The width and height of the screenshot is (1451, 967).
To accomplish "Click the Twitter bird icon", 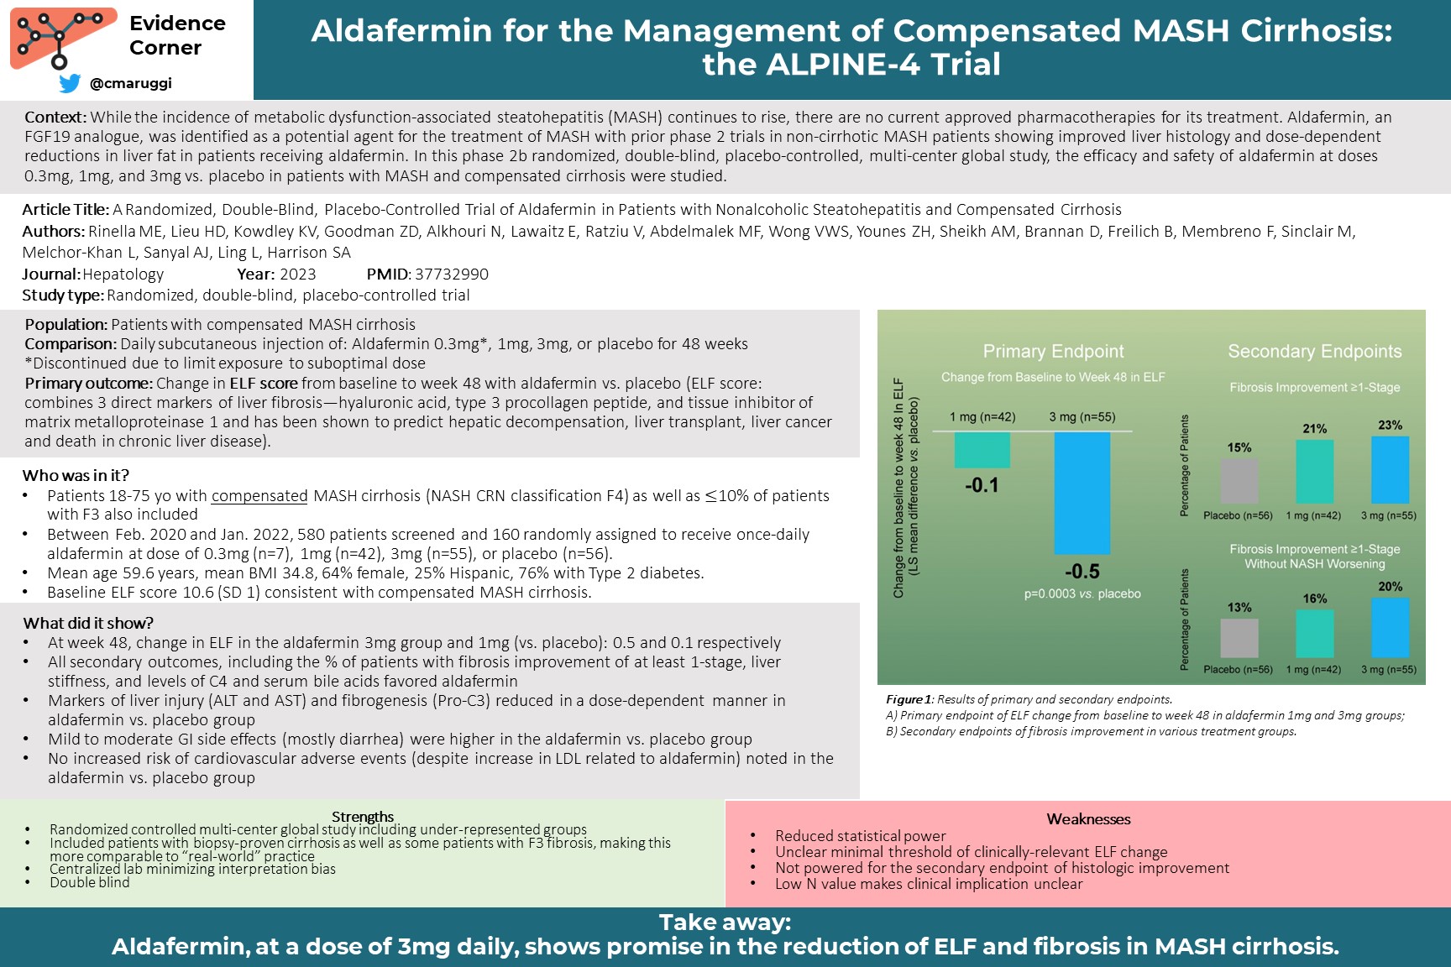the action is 70,83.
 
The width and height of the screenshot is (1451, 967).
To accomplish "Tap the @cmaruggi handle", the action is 130,83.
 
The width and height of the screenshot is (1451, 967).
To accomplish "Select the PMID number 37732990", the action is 452,274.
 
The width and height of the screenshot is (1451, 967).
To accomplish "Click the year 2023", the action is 298,274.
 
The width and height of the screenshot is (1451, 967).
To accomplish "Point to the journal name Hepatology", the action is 123,274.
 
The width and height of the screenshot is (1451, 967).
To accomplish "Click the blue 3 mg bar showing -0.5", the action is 1082,493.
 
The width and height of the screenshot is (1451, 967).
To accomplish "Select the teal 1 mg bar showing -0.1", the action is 982,450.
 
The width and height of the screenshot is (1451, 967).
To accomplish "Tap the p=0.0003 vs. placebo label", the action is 1082,593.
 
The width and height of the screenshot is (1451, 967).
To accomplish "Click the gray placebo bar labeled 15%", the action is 1239,481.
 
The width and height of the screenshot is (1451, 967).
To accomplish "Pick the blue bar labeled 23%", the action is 1390,470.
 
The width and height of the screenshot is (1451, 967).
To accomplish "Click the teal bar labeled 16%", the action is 1314,634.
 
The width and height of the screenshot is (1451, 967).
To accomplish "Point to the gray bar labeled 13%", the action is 1239,638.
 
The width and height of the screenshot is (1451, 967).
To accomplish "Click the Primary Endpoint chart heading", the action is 1053,352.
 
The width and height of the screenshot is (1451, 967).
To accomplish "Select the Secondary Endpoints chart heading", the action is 1315,352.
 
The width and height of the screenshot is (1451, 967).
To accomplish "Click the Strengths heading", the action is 363,817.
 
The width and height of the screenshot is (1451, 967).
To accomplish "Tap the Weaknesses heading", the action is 1088,819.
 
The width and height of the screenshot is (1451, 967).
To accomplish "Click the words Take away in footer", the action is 725,923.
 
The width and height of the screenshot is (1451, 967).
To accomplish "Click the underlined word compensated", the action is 259,496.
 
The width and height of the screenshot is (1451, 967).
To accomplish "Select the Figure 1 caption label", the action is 909,699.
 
